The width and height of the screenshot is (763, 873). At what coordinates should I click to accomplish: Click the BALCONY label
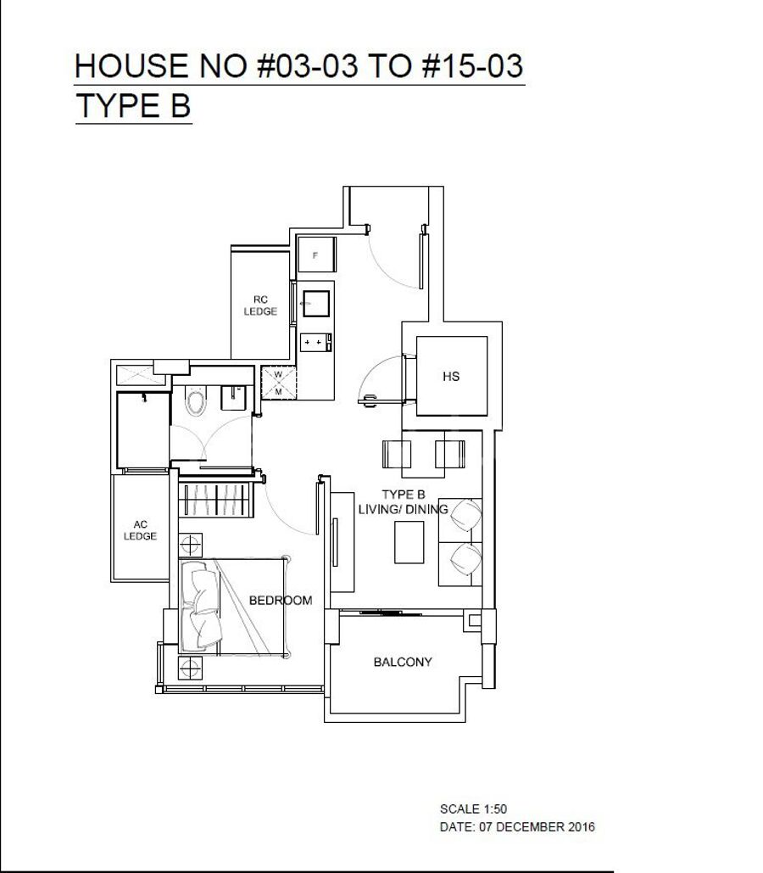coord(403,662)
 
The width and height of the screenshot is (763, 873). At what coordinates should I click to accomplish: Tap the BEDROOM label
coord(281,600)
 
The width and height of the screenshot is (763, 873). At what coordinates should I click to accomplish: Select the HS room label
coord(451,377)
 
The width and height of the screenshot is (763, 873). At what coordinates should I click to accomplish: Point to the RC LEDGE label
coord(260,305)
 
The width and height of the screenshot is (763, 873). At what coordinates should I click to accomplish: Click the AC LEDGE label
coord(140,530)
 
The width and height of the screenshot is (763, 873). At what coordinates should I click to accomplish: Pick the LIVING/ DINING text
coord(403,509)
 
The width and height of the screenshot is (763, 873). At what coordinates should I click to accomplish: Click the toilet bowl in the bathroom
coord(195,400)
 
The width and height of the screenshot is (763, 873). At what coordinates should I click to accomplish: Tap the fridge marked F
coord(316,255)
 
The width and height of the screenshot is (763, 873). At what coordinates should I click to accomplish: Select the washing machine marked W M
coord(278,383)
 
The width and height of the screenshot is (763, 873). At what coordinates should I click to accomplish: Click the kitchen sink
coord(315,304)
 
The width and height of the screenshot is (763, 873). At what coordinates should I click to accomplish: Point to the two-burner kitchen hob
coord(315,342)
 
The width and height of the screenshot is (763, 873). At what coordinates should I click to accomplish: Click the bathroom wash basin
coord(233,397)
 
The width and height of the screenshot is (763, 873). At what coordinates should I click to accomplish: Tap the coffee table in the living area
coord(409,542)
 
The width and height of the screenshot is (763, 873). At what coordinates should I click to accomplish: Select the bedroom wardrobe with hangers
coord(215,499)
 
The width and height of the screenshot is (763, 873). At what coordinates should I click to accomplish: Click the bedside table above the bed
coord(190,545)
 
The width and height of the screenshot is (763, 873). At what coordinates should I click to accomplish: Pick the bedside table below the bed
coord(190,667)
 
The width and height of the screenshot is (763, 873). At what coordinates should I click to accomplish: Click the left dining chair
coord(396,455)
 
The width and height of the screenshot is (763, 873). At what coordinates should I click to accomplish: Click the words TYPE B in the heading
coord(133,106)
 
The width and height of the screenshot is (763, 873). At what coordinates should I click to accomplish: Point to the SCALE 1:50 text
coord(473,809)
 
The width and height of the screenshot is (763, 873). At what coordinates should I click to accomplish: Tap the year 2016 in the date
coord(581,827)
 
